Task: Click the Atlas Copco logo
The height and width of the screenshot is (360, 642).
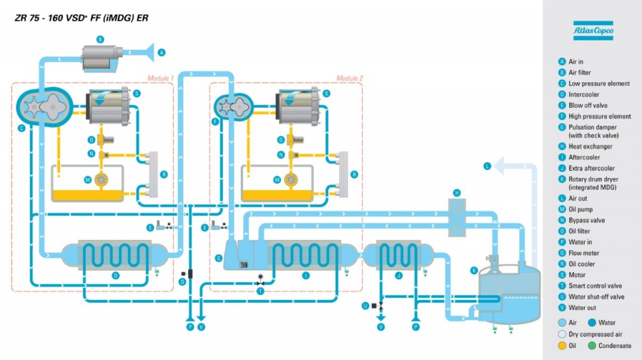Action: coord(592,30)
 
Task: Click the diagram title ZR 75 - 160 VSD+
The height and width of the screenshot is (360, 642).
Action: coord(82,18)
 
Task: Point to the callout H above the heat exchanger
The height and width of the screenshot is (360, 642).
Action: coord(457,192)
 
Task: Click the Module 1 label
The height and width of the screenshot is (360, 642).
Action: coord(160,78)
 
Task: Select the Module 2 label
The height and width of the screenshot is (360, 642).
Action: coord(349,78)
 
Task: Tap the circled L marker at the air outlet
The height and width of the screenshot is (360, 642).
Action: coord(487,166)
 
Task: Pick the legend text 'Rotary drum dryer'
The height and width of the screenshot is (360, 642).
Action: coord(592,179)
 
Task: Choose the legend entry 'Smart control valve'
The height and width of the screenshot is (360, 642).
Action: coord(595,286)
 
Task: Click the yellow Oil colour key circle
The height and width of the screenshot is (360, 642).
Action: coord(562,346)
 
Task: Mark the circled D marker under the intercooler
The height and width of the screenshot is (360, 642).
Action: coord(115,274)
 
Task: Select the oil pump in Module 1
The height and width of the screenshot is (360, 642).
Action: coord(100,180)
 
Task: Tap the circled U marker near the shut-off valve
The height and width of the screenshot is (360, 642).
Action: coord(366,305)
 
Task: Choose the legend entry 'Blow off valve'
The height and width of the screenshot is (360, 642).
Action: coord(587,105)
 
